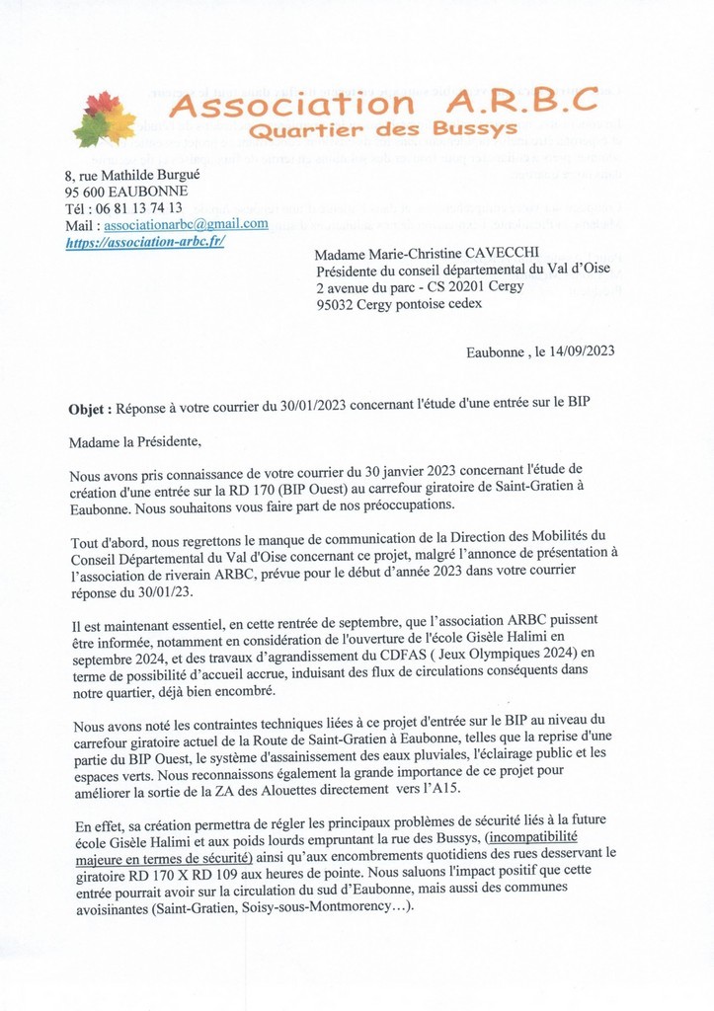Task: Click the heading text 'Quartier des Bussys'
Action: [382, 130]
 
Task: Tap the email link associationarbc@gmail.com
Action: [187, 224]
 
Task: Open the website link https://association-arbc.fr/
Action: [145, 242]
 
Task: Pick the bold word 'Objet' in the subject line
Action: [90, 409]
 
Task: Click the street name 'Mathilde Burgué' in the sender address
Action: [164, 175]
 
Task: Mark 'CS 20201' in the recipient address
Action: [444, 287]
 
